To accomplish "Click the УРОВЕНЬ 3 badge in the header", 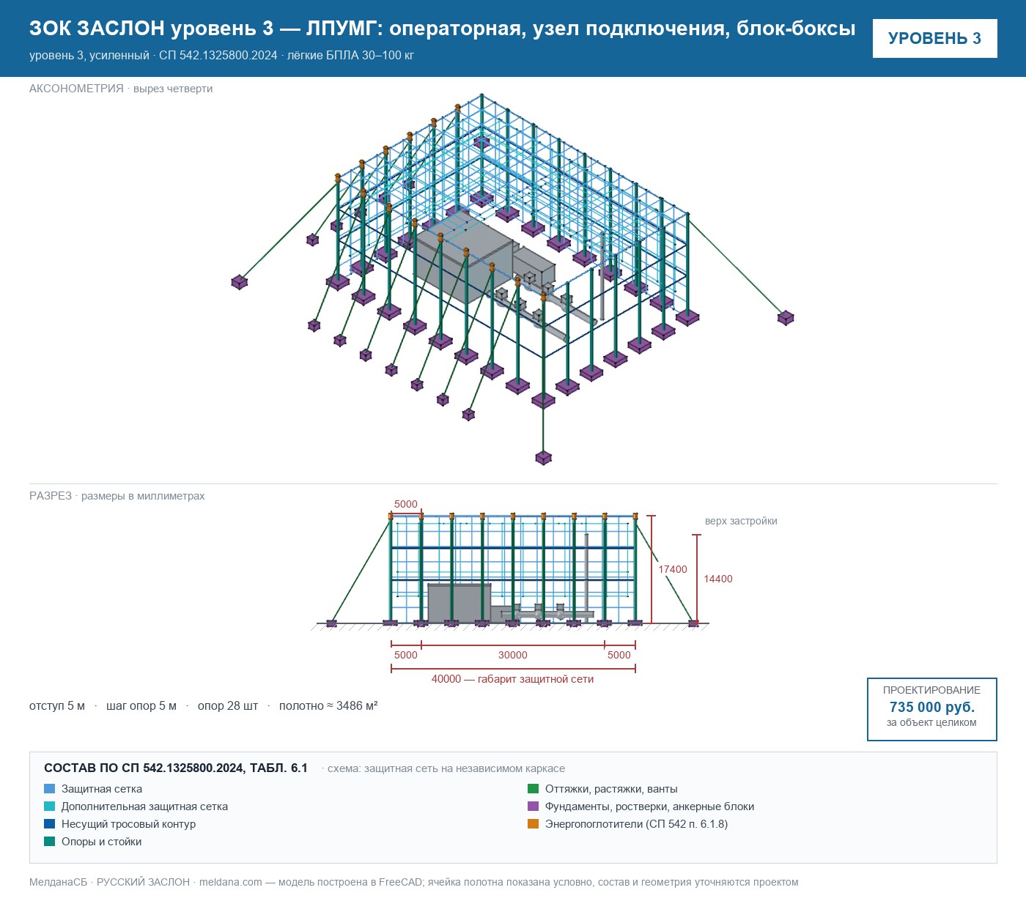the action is [x=934, y=39].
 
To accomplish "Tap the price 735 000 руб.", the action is [x=931, y=707].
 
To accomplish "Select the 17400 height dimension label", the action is [x=673, y=569].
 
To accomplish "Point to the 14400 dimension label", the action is [x=717, y=579].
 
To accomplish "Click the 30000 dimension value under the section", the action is [x=512, y=655].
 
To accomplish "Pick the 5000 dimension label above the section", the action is [x=406, y=504].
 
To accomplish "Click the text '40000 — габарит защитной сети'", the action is [x=512, y=679].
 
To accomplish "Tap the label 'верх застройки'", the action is [x=741, y=521].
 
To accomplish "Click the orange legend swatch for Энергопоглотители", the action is [x=533, y=823].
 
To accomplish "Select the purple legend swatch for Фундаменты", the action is [x=533, y=806].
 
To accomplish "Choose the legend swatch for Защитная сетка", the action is [x=50, y=789].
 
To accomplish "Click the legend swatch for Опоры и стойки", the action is [x=50, y=841].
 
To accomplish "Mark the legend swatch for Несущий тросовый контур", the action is [x=50, y=823].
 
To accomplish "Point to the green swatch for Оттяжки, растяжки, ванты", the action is [x=533, y=789].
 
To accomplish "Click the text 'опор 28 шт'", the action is [x=227, y=705].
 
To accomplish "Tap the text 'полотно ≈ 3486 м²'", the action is [x=328, y=705].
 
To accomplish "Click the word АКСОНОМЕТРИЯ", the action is [x=76, y=89].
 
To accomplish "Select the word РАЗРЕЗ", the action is [x=50, y=495].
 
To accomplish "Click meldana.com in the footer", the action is [x=230, y=882].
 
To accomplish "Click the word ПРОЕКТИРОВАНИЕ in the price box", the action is [x=931, y=690].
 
